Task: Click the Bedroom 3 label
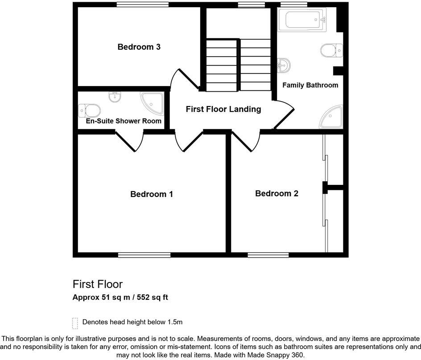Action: [x=139, y=47]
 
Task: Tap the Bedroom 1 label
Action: [x=151, y=194]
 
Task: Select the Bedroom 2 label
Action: [x=277, y=193]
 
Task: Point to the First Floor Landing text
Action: [x=223, y=109]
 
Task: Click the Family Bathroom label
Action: [x=310, y=85]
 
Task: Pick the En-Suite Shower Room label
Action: [x=124, y=121]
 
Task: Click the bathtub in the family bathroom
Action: [x=302, y=20]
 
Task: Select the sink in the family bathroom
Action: [x=284, y=65]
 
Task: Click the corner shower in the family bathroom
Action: [x=333, y=117]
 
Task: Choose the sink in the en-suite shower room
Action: [x=115, y=96]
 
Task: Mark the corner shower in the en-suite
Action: [x=153, y=102]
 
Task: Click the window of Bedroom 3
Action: [x=143, y=5]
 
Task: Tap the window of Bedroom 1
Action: [x=144, y=255]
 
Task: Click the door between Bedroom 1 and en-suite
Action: [x=133, y=142]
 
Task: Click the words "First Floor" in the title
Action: [x=98, y=284]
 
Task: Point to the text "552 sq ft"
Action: [x=150, y=297]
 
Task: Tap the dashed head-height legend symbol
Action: [x=74, y=323]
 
